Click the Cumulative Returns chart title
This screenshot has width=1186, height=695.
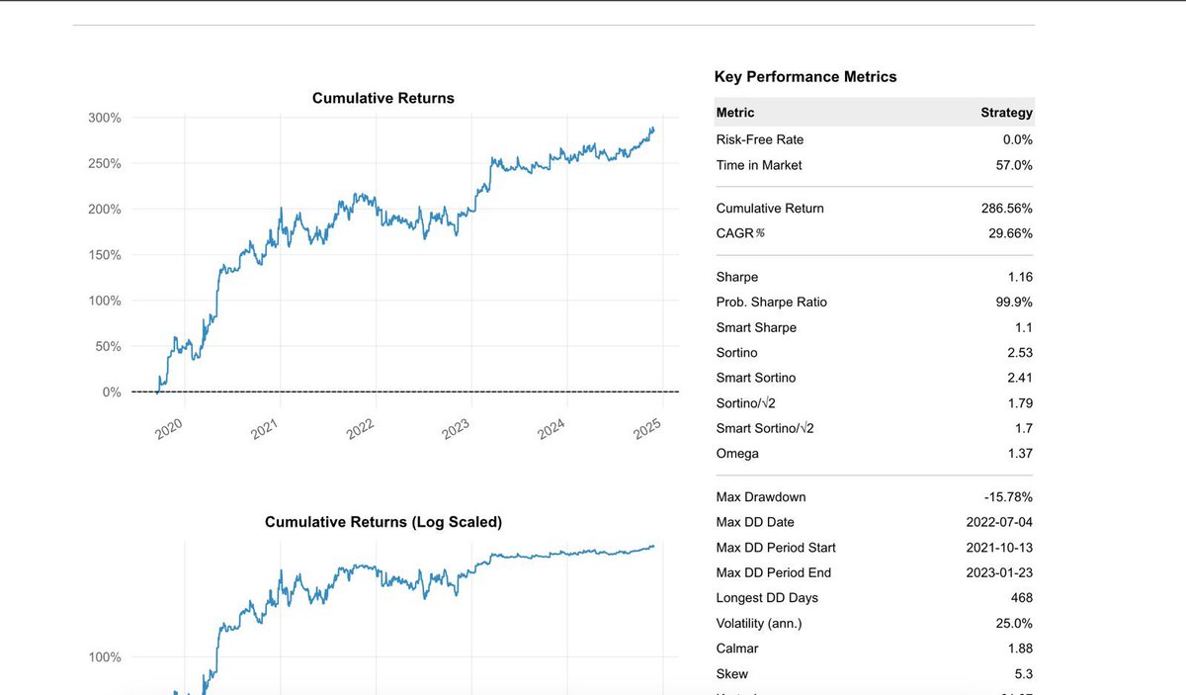(x=382, y=98)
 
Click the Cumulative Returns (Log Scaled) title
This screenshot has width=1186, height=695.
(x=382, y=522)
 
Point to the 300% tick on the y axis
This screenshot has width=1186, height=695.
(x=105, y=118)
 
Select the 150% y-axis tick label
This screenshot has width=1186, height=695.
(x=105, y=255)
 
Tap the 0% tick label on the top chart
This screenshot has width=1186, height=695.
(x=112, y=392)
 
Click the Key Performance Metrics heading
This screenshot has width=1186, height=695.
(x=805, y=76)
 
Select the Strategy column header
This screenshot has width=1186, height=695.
(x=1006, y=113)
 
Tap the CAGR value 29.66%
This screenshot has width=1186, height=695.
(x=1010, y=233)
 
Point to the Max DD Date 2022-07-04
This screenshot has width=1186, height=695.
(x=999, y=522)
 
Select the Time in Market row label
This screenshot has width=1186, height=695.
(x=759, y=165)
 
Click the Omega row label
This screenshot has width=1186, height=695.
(x=737, y=454)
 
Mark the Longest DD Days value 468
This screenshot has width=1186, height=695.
(x=1021, y=597)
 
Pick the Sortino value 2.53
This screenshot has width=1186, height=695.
(x=1017, y=353)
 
